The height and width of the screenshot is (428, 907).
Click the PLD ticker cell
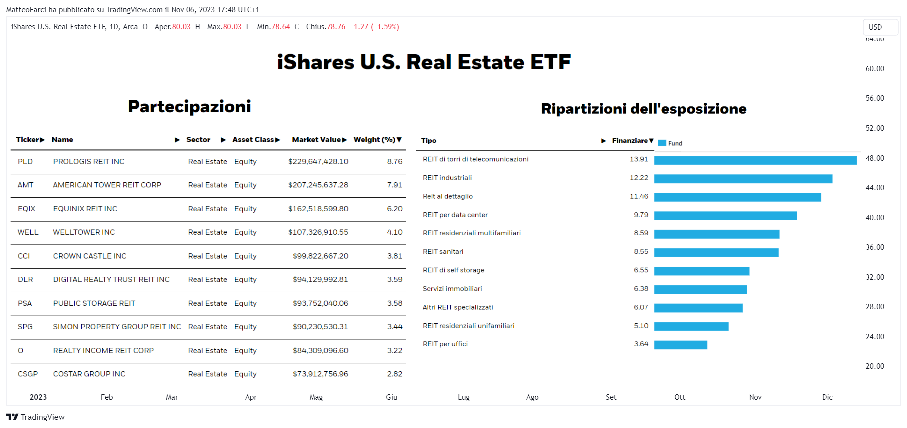(x=25, y=162)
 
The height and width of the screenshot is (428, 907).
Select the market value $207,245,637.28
(x=318, y=185)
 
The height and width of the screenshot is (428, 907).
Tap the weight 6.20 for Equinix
(x=395, y=209)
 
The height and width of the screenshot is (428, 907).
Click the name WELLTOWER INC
(x=84, y=232)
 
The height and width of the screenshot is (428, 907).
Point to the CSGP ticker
(x=28, y=374)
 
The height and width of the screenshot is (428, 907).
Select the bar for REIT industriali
(x=743, y=179)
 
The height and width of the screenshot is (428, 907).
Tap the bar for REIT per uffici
(x=681, y=345)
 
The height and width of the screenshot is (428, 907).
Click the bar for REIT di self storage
(x=702, y=271)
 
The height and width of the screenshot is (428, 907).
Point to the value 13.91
(x=639, y=159)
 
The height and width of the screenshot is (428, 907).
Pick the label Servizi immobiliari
(x=452, y=289)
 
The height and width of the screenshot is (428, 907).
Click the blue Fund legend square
(x=662, y=143)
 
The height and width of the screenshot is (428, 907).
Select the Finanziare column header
(x=630, y=141)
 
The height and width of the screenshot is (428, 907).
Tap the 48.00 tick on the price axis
(x=875, y=158)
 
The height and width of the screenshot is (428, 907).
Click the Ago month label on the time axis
(x=532, y=397)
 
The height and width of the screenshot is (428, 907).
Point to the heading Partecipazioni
(x=189, y=106)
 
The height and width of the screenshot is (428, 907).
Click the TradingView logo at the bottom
(x=35, y=417)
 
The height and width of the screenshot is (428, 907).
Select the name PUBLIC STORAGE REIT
(x=94, y=303)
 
